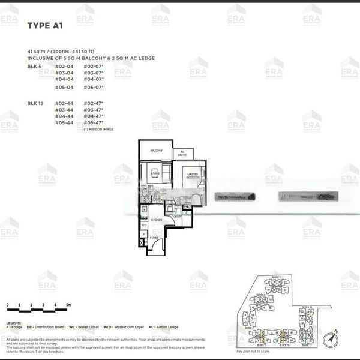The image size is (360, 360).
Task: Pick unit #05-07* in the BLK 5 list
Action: (x=95, y=87)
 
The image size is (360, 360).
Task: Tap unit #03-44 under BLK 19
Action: (x=64, y=110)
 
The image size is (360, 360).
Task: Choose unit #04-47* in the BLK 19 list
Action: (x=95, y=116)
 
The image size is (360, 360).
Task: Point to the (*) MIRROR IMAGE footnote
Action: (x=99, y=129)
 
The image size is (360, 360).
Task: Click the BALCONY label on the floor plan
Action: (x=157, y=150)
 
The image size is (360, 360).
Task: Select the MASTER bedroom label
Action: (x=192, y=175)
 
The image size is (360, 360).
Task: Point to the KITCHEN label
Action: (x=156, y=220)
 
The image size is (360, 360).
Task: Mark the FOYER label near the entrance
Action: (x=154, y=237)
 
